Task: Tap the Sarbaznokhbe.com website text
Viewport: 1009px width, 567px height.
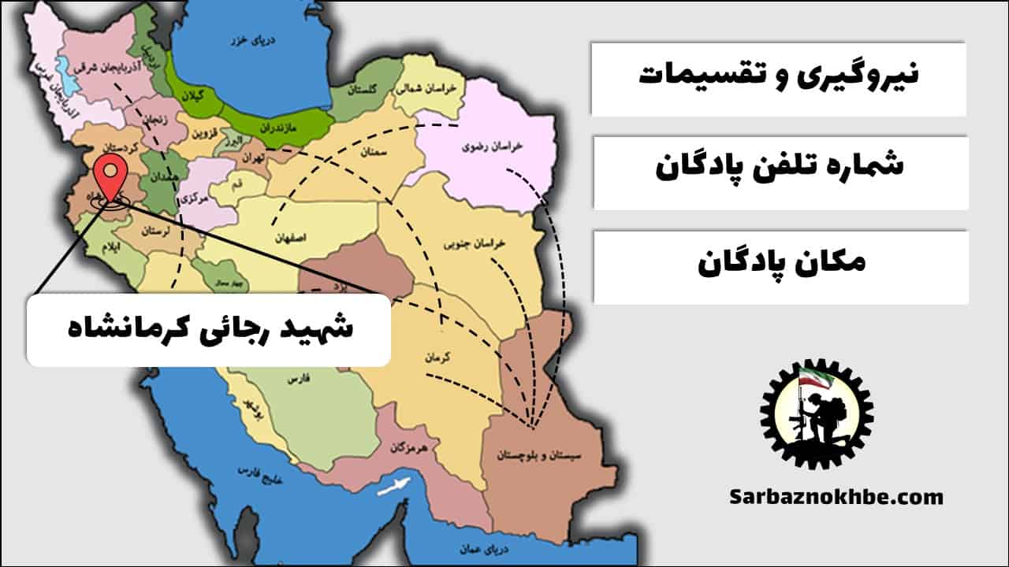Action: coord(836,497)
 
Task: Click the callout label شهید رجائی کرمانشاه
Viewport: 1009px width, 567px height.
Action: coord(208,329)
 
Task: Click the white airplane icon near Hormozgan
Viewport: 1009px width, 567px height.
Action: coord(393,486)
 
